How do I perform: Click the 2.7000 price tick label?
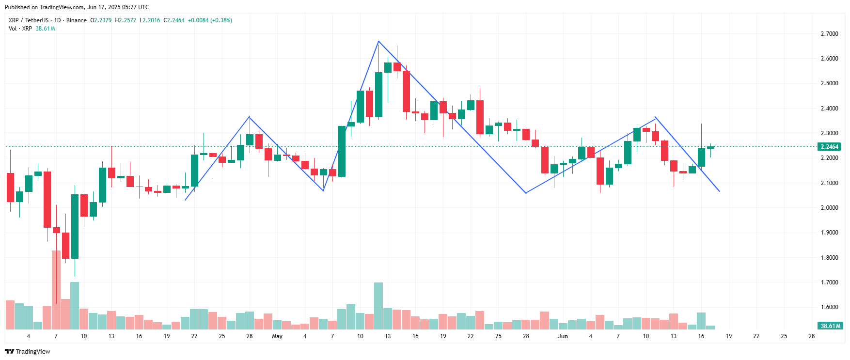coord(829,34)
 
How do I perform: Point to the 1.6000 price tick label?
coord(829,307)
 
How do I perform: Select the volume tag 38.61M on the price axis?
coord(830,326)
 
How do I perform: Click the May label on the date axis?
coord(277,336)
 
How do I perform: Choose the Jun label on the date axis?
coord(563,336)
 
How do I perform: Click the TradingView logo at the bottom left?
coord(28,351)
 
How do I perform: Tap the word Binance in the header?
coord(77,20)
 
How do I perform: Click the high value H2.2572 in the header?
coord(126,20)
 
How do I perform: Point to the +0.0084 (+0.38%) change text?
coord(210,20)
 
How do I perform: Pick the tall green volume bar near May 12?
coord(378,306)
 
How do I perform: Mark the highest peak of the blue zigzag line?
coord(378,41)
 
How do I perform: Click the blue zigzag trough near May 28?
coord(526,193)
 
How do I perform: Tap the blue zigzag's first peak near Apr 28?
coord(249,117)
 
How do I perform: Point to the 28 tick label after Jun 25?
coord(812,336)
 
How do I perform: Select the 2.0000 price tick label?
coord(829,208)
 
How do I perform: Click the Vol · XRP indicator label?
coord(20,29)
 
